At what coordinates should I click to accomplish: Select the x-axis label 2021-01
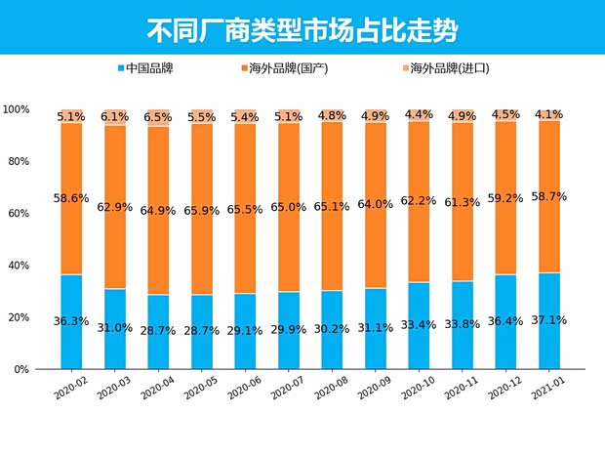click(x=546, y=391)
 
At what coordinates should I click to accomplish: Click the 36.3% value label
click(x=71, y=319)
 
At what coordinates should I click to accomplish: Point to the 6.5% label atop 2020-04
click(x=158, y=117)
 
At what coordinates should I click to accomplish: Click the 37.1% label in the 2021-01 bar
click(x=549, y=319)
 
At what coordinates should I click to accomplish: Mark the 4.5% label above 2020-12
click(x=505, y=114)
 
